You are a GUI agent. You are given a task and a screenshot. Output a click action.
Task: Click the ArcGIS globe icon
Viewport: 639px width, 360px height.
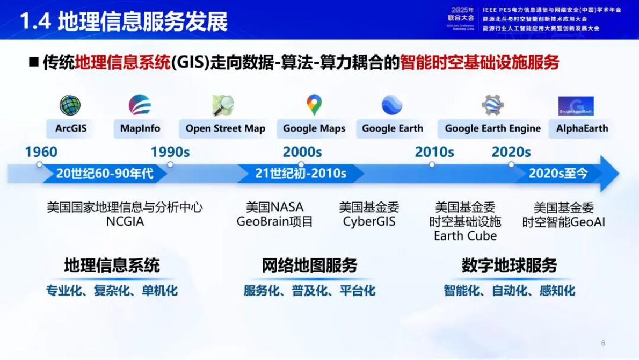(x=70, y=105)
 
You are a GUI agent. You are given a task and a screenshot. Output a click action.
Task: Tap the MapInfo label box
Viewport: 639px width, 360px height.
(x=140, y=129)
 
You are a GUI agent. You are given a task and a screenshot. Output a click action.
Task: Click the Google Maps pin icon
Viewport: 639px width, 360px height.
(x=314, y=105)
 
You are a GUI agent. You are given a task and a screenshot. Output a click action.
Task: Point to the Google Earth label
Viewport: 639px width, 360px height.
(x=393, y=129)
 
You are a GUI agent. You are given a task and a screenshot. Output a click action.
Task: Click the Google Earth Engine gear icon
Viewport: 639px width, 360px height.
(x=492, y=105)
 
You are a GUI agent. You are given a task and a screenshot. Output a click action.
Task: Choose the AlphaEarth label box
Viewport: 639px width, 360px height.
(x=582, y=129)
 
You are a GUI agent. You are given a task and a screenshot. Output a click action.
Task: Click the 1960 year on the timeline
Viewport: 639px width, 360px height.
(x=41, y=153)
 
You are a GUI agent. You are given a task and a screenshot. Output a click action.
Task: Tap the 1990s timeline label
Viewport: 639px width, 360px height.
(x=170, y=153)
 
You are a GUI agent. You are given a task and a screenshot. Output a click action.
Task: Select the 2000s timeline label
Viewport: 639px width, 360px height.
(x=302, y=153)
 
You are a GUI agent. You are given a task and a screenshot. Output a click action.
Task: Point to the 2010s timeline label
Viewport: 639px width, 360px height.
(x=434, y=153)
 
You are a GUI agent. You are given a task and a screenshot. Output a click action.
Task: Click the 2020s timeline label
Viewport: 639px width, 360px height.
(x=511, y=153)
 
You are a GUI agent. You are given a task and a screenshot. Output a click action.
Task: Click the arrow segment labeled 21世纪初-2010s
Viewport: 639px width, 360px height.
(x=301, y=174)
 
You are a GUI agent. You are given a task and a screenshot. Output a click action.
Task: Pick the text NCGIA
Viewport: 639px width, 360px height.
(x=125, y=221)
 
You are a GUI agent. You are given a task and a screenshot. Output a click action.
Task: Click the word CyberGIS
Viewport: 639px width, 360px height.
(x=369, y=221)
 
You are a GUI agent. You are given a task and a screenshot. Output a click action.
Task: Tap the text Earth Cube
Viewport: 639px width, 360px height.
(x=465, y=236)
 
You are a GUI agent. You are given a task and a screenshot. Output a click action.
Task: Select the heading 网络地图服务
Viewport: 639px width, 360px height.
(x=309, y=265)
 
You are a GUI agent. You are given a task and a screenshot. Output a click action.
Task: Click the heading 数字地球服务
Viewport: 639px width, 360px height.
(x=509, y=265)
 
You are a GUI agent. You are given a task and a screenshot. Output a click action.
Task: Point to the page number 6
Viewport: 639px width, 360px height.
(x=603, y=343)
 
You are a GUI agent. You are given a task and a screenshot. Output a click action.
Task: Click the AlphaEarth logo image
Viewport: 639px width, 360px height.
(x=576, y=106)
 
